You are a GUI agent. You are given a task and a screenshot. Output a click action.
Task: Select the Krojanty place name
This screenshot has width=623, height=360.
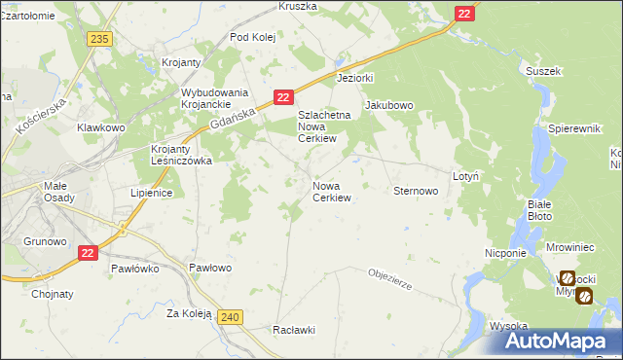pyautogui.click(x=182, y=62)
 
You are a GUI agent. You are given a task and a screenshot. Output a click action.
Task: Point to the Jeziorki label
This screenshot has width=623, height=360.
pyautogui.click(x=355, y=77)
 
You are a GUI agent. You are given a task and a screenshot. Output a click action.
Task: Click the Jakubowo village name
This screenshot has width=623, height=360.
pyautogui.click(x=389, y=105)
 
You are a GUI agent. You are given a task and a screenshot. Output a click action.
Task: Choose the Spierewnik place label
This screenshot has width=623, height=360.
pyautogui.click(x=572, y=128)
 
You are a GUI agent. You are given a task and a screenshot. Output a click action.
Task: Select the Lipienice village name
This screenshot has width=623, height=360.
pyautogui.click(x=151, y=193)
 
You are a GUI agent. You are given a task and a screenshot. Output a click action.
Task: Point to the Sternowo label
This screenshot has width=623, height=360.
pyautogui.click(x=416, y=192)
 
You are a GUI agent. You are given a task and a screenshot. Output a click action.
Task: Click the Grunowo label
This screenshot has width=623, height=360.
pyautogui.click(x=45, y=240)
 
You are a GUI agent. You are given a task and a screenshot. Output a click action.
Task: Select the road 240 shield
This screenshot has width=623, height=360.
pyautogui.click(x=230, y=317)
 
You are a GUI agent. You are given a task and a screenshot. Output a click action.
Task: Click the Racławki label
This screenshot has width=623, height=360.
pyautogui.click(x=294, y=330)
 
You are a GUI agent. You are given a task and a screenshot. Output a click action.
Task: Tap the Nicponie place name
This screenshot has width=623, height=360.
pyautogui.click(x=505, y=252)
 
